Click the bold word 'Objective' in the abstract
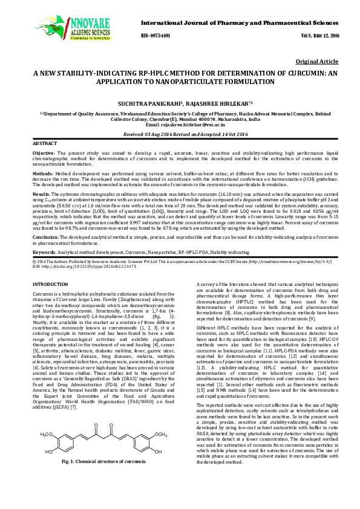tap(44, 154)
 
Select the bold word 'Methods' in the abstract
tap(44, 172)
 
